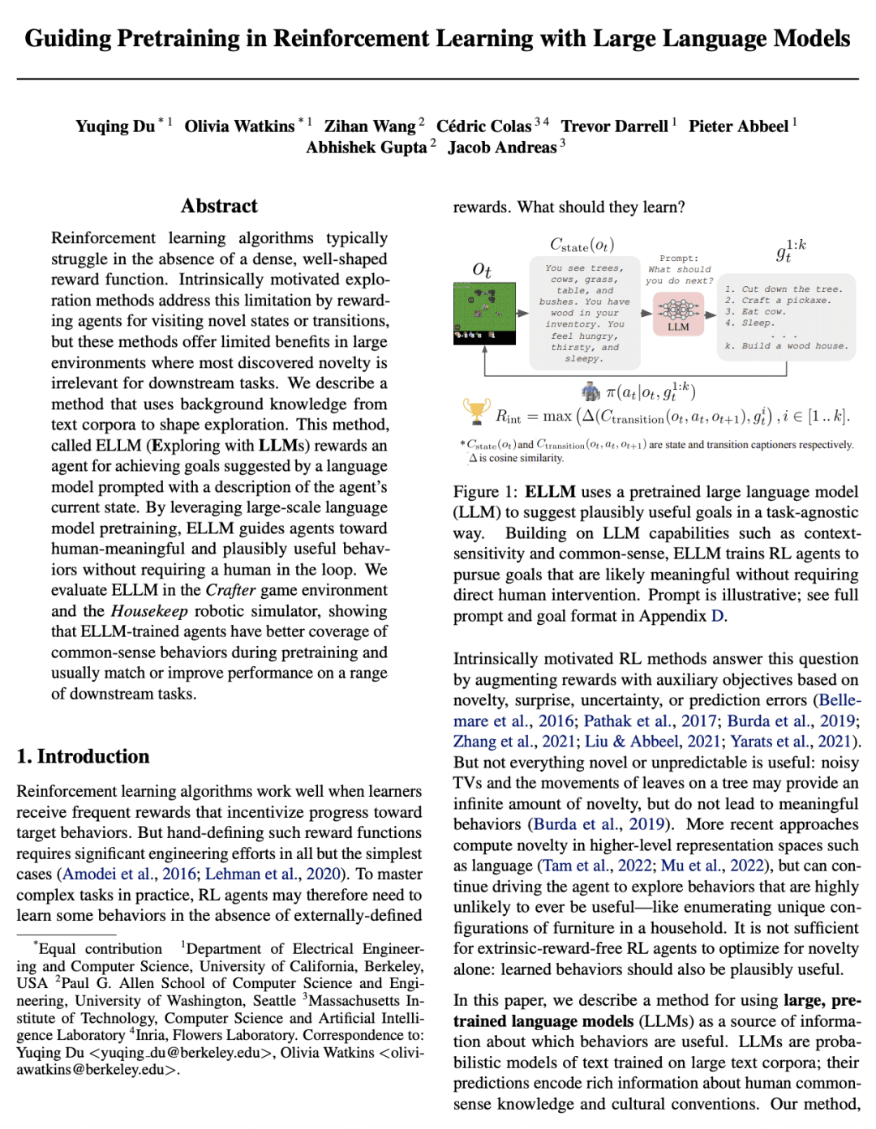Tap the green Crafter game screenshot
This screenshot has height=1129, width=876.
tap(484, 313)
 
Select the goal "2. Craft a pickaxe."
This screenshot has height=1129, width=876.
tap(777, 300)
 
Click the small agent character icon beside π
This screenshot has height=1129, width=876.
tap(590, 392)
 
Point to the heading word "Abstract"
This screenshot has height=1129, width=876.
tap(219, 206)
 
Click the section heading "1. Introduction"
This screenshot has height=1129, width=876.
tap(83, 756)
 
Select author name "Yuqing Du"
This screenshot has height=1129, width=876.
tap(115, 126)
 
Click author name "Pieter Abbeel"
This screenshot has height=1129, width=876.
tap(738, 126)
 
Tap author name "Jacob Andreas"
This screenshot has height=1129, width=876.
tap(502, 148)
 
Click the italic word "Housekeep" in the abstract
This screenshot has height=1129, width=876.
tap(149, 610)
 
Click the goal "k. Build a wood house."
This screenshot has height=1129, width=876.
tap(786, 345)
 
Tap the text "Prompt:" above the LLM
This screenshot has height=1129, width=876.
tap(679, 258)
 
